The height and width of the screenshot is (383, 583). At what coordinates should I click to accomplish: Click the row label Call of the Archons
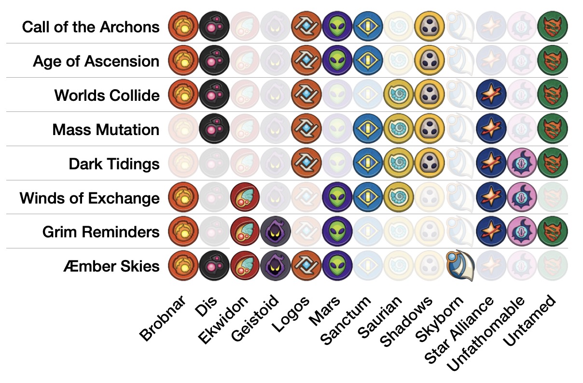[91, 27]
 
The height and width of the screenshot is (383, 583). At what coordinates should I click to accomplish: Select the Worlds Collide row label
[107, 96]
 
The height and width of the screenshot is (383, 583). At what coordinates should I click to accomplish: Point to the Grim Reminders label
[100, 232]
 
